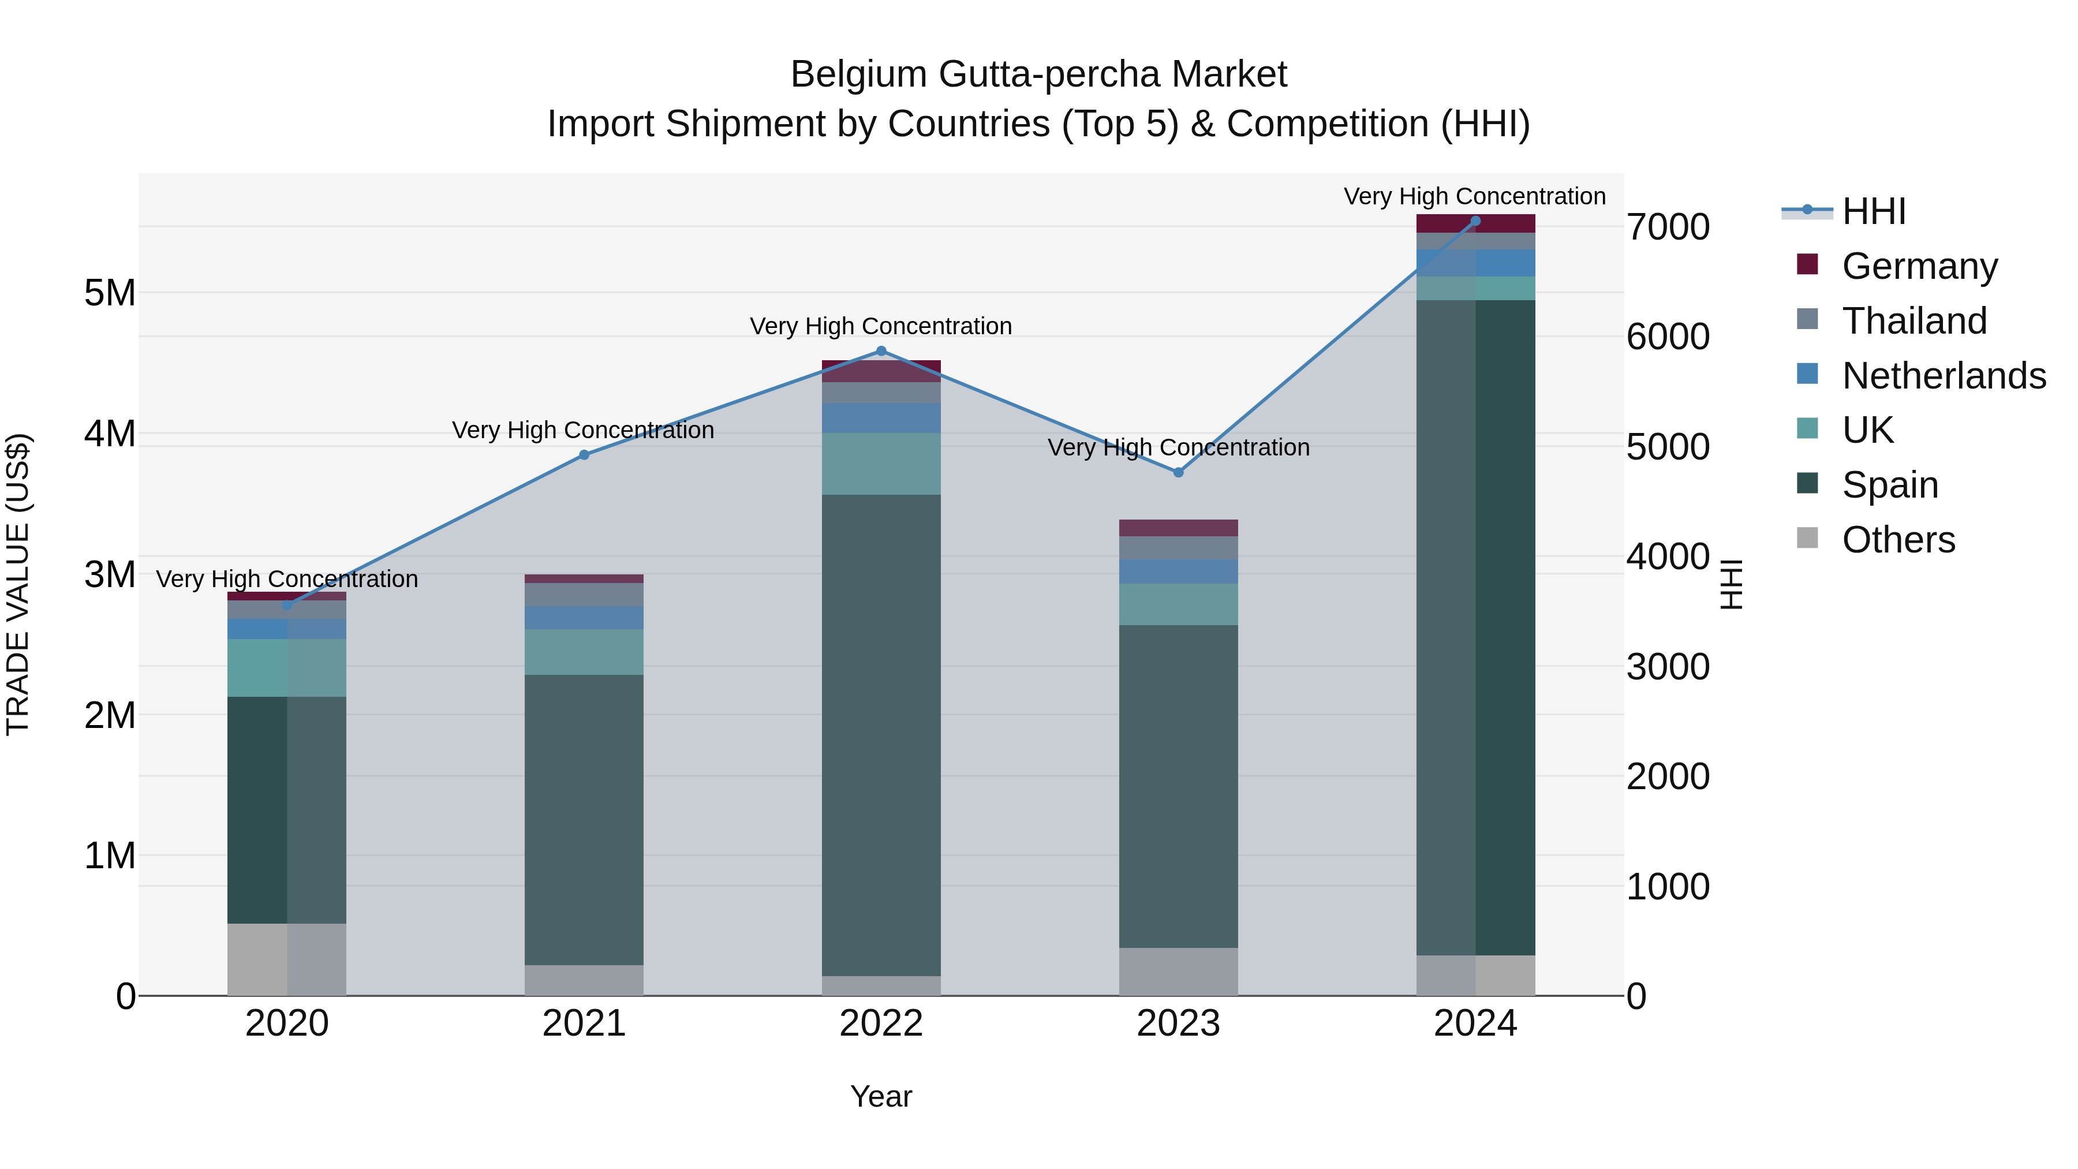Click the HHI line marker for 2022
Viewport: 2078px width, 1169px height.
[x=881, y=351]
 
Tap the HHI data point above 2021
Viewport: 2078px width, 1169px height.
[x=584, y=455]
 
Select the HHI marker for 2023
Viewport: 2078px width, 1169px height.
[x=1179, y=473]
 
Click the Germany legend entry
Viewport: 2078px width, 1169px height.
[x=1919, y=266]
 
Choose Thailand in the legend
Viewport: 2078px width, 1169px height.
[x=1914, y=320]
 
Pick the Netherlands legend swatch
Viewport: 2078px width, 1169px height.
[x=1808, y=374]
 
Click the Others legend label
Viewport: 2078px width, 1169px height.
[x=1898, y=540]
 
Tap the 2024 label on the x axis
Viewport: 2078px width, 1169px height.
[x=1475, y=1024]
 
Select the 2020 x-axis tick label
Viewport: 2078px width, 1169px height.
[x=287, y=1024]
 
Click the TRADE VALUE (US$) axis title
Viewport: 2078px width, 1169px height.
[x=18, y=584]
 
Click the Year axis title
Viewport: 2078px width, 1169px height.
[x=881, y=1096]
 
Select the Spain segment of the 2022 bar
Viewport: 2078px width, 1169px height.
[x=881, y=734]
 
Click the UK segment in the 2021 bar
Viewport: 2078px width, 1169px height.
[x=584, y=652]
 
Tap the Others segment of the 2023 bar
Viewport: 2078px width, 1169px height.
[x=1179, y=972]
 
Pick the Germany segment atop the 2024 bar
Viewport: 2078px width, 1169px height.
[x=1475, y=223]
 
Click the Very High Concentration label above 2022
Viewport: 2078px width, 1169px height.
[x=881, y=326]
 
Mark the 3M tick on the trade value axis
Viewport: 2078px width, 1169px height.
[x=110, y=575]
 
